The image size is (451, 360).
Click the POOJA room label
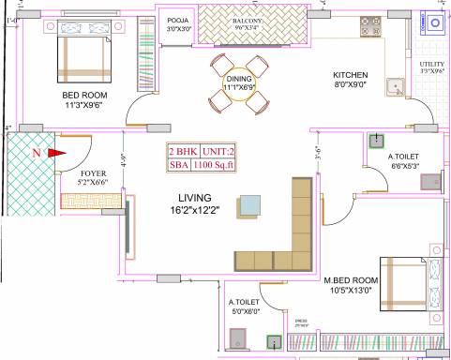pos(177,20)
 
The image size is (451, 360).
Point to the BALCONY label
pos(246,20)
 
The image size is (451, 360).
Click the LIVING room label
pos(195,198)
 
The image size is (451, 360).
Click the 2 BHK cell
pos(183,151)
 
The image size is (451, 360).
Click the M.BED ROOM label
pos(351,280)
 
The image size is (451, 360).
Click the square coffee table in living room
pos(250,205)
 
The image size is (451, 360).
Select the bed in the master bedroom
pos(405,282)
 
